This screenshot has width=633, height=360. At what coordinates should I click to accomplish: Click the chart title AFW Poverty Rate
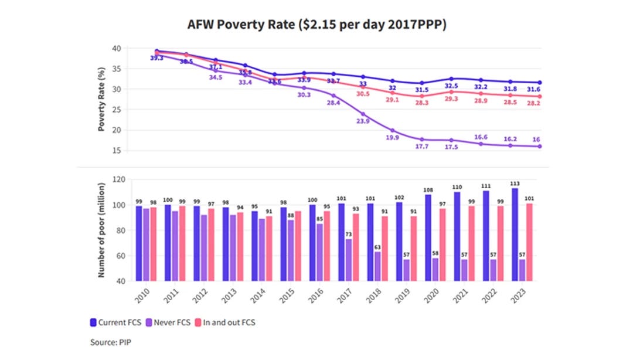click(x=316, y=25)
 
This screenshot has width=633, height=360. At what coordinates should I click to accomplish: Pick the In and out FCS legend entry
click(x=225, y=322)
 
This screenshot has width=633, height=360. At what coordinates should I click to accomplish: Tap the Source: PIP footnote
click(x=110, y=342)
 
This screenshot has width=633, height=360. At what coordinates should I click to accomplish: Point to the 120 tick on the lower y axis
click(x=120, y=180)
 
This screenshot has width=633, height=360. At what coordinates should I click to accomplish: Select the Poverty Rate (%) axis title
click(x=101, y=100)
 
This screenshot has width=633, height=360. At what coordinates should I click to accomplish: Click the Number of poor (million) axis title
click(x=101, y=230)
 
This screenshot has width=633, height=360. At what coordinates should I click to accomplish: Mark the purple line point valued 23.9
click(x=363, y=114)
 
